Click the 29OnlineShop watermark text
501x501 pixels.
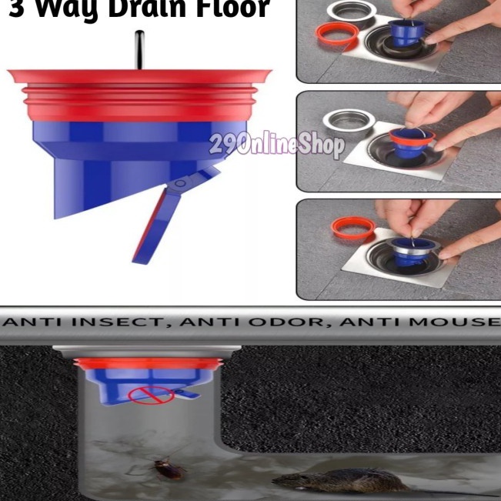tap(276, 145)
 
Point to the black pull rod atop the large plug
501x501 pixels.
tap(139, 49)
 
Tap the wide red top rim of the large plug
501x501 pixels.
tap(139, 76)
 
